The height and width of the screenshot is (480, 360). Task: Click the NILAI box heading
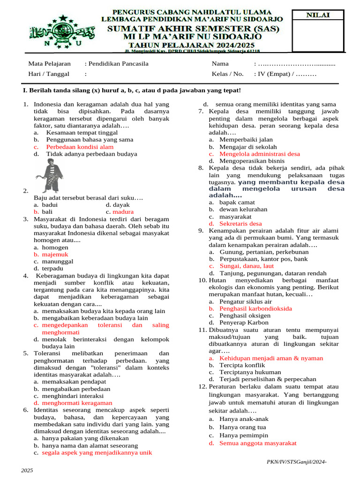tap(318, 15)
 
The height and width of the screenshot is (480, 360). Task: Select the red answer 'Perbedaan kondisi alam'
tap(80, 147)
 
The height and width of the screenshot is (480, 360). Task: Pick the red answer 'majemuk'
tap(55, 255)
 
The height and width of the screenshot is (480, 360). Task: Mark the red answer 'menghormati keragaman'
tap(77, 403)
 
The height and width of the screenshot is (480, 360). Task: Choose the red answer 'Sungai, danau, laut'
tap(247, 266)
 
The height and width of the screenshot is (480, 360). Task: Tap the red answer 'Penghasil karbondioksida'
tap(255, 308)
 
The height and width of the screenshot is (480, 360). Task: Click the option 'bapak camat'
tap(237, 202)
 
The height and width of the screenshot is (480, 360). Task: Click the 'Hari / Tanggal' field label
tap(49, 74)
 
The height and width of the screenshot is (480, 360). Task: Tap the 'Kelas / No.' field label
tap(228, 74)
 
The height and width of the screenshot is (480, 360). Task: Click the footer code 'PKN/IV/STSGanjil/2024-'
tap(296, 462)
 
